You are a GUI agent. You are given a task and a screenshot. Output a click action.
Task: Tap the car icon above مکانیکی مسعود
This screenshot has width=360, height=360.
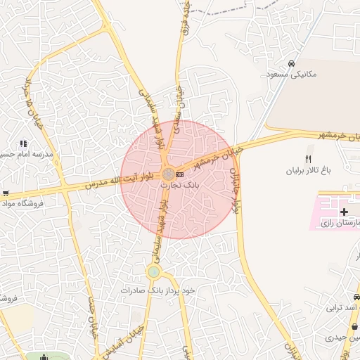[x=291, y=61]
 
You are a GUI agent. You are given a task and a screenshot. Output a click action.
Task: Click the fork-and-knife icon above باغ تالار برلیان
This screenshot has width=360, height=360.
[x=307, y=158]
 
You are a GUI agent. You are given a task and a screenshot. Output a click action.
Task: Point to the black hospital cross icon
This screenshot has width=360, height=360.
[x=344, y=212]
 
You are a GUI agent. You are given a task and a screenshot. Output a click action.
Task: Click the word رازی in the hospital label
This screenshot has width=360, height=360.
[x=328, y=224]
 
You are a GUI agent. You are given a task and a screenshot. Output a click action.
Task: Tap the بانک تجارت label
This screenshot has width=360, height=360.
[x=180, y=184]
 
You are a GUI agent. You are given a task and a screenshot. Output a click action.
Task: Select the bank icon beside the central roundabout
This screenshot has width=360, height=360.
[x=180, y=174]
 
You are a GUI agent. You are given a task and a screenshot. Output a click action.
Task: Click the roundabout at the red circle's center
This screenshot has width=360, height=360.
[x=169, y=174]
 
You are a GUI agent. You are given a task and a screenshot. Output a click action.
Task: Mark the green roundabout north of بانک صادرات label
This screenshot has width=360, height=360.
[x=154, y=271]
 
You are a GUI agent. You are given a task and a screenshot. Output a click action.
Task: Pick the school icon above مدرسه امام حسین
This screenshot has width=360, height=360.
[x=23, y=143]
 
